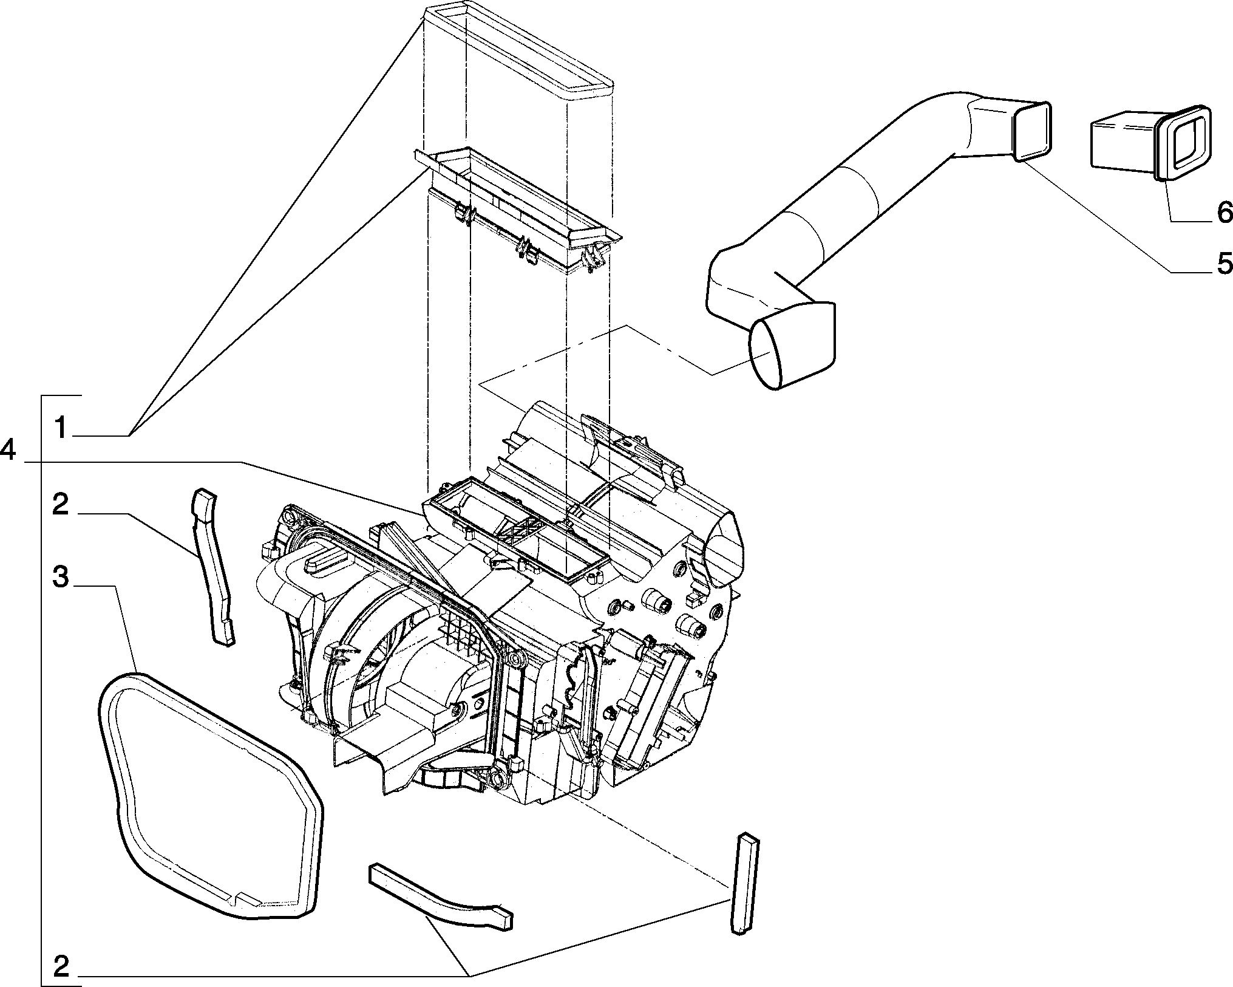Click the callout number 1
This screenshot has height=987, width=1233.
click(x=61, y=428)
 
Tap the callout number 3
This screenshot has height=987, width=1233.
click(x=61, y=578)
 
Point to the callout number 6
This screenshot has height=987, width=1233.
click(x=1223, y=211)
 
